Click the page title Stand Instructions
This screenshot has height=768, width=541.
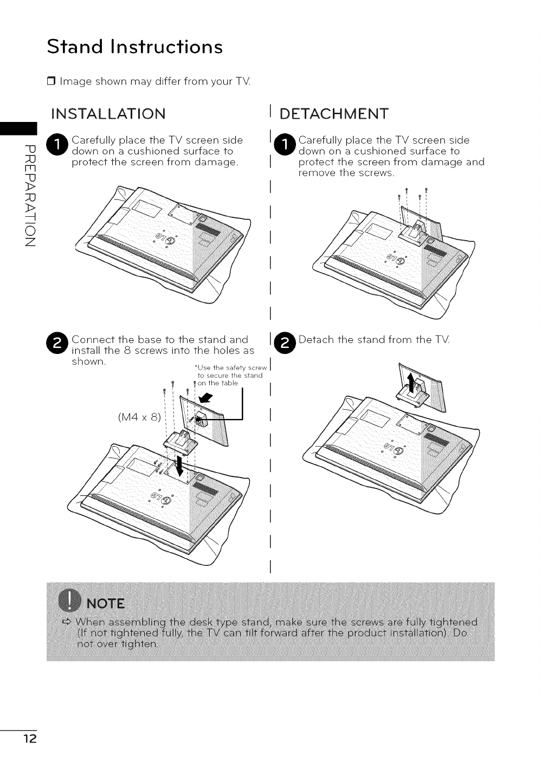click(x=134, y=47)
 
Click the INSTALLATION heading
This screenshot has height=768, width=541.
click(x=107, y=114)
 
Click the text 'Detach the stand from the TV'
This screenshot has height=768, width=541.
click(x=374, y=340)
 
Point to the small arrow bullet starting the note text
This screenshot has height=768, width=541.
click(x=67, y=621)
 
